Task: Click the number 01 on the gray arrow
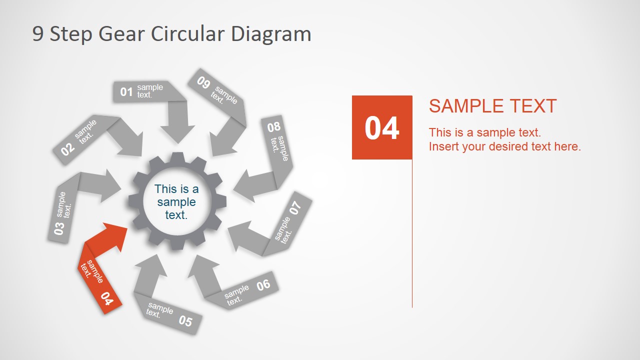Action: click(x=126, y=92)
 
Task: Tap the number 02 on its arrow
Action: click(x=68, y=148)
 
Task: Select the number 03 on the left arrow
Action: click(x=59, y=228)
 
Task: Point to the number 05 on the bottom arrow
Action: click(x=185, y=320)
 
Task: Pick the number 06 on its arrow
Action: click(x=263, y=285)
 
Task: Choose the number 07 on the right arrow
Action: click(x=296, y=207)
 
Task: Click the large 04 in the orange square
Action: click(x=382, y=128)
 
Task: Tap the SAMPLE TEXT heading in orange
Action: click(x=492, y=106)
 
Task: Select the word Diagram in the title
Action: click(x=271, y=34)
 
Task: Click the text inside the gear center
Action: click(x=176, y=202)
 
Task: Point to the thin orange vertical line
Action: click(x=412, y=235)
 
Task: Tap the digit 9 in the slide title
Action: click(x=37, y=34)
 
